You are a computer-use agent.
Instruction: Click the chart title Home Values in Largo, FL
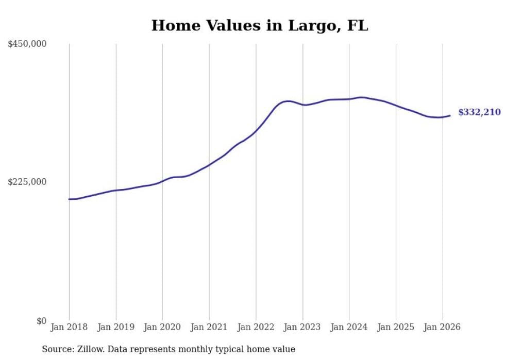(x=260, y=26)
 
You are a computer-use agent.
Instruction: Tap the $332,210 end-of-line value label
(x=479, y=112)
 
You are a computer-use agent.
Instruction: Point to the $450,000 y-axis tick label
(x=27, y=44)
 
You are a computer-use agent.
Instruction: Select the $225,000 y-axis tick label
(x=27, y=182)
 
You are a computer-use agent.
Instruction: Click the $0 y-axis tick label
(x=41, y=321)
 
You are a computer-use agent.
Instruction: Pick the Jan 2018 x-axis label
(x=69, y=327)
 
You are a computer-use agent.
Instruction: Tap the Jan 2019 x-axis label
(x=115, y=327)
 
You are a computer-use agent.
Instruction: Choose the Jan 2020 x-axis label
(x=162, y=327)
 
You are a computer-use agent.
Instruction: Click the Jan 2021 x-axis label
(x=209, y=327)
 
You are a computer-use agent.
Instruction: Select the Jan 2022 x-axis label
(x=256, y=327)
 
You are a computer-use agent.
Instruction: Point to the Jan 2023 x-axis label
(x=302, y=327)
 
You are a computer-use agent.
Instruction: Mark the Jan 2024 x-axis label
(x=349, y=327)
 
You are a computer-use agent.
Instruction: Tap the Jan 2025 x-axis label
(x=396, y=327)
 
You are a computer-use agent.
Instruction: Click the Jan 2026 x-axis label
(x=442, y=327)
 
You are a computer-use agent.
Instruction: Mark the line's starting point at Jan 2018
(x=69, y=199)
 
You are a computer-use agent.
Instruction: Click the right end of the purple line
(x=450, y=115)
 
